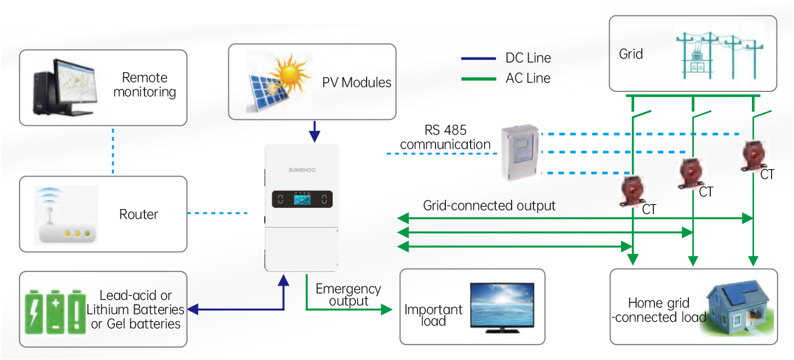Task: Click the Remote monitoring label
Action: pos(144,85)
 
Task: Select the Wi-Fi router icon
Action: pos(64,215)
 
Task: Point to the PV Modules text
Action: pos(357,83)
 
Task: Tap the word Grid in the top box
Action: pos(630,54)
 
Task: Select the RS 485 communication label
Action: pos(445,138)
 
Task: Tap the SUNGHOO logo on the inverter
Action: pos(303,171)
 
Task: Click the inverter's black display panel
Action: pos(303,199)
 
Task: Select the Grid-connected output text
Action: pos(489,206)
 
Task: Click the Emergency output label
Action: pos(348,295)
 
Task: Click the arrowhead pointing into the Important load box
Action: pos(387,310)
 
